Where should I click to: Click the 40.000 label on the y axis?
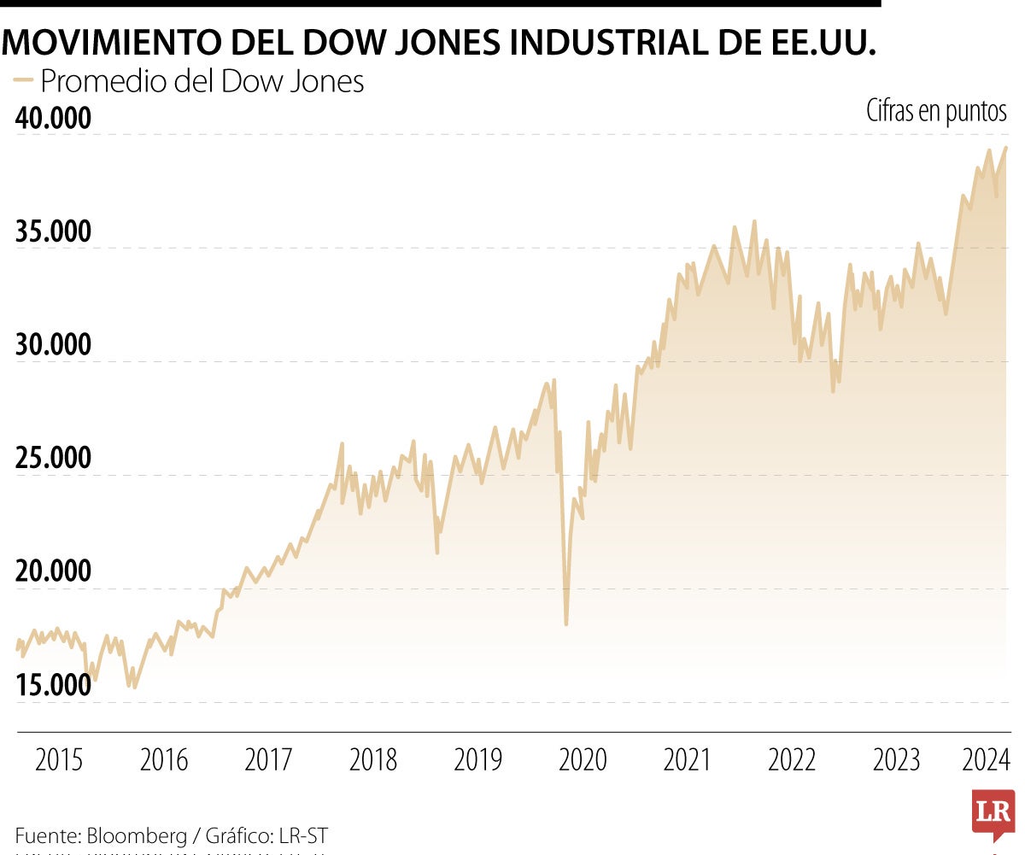tap(53, 118)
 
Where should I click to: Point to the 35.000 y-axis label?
tap(53, 231)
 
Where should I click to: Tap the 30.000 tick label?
tap(53, 345)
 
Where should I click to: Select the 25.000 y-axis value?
tap(53, 459)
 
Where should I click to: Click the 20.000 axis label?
tap(53, 572)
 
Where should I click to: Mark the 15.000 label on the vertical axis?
tap(53, 686)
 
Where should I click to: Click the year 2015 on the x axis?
tap(59, 759)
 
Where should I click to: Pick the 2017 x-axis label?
tap(268, 759)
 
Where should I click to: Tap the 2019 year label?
tap(477, 759)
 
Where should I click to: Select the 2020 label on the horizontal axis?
tap(583, 759)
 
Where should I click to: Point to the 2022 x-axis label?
tap(792, 759)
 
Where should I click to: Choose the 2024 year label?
tap(986, 759)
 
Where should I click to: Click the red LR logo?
tap(993, 812)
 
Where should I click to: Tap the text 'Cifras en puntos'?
tap(936, 110)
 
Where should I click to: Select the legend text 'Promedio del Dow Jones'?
tap(202, 81)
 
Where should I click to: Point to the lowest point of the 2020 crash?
tap(566, 624)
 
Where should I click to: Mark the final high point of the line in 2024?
tap(1005, 147)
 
